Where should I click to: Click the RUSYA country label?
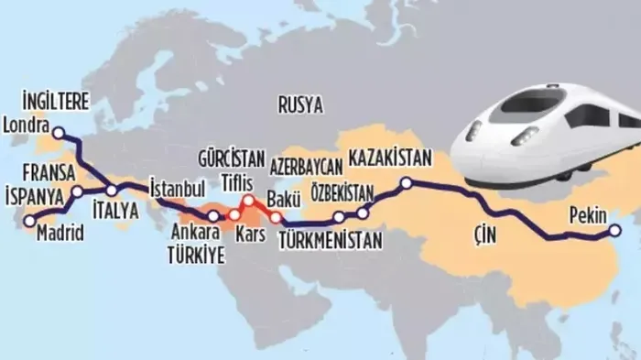300,105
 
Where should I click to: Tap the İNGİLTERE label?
55,104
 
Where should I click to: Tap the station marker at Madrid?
28,220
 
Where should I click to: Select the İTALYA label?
115,210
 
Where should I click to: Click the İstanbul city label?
176,187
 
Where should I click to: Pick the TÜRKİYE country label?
195,256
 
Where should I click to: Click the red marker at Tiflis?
248,199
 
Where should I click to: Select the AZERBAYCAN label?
306,166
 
